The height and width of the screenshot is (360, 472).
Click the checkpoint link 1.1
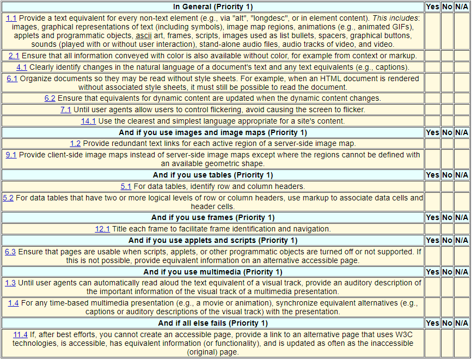pos(11,18)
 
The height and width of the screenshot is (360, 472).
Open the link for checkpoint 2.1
pos(14,56)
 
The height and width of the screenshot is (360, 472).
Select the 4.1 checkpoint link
pos(22,67)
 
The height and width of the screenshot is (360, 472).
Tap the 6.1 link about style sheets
pos(12,78)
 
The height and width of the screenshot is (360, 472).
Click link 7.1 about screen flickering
pos(66,109)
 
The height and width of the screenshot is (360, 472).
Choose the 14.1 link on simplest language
pos(88,121)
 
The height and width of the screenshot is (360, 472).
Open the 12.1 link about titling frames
pos(102,229)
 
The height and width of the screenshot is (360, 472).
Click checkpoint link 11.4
pos(21,334)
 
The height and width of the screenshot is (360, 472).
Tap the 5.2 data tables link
pos(8,198)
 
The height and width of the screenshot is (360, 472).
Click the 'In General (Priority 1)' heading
pos(213,7)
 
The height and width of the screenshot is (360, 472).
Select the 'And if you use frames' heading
pos(212,218)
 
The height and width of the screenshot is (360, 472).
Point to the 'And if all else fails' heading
pos(213,323)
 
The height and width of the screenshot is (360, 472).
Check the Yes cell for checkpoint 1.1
pos(432,30)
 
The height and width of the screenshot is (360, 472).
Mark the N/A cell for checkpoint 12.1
pos(462,229)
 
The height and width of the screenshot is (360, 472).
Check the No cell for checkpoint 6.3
pos(447,255)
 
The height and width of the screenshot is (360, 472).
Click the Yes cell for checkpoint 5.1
pos(432,186)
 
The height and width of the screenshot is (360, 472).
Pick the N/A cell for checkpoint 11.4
pos(462,343)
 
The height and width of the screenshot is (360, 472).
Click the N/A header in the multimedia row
pos(462,272)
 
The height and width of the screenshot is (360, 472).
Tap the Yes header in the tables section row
pos(432,175)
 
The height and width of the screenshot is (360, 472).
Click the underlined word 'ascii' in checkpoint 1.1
pos(143,36)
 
